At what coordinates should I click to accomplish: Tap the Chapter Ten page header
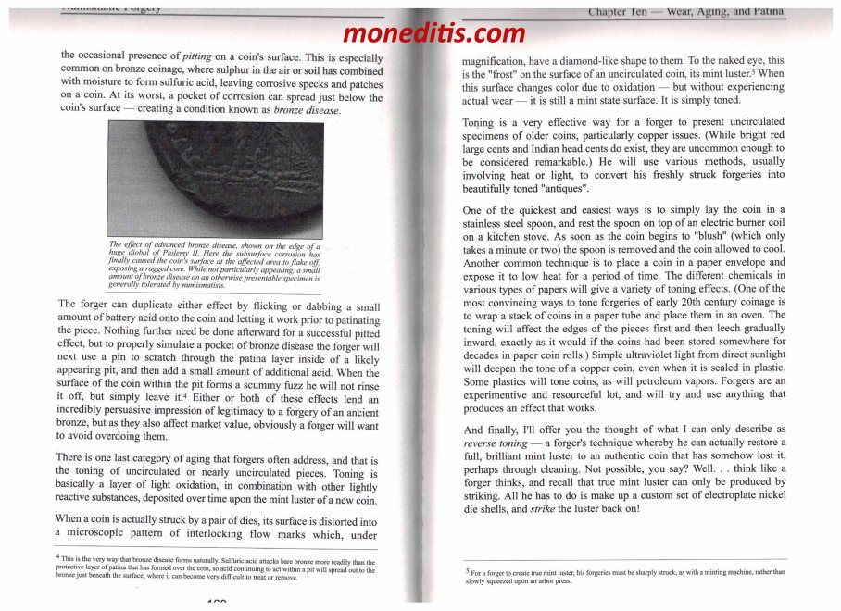[x=685, y=12]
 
